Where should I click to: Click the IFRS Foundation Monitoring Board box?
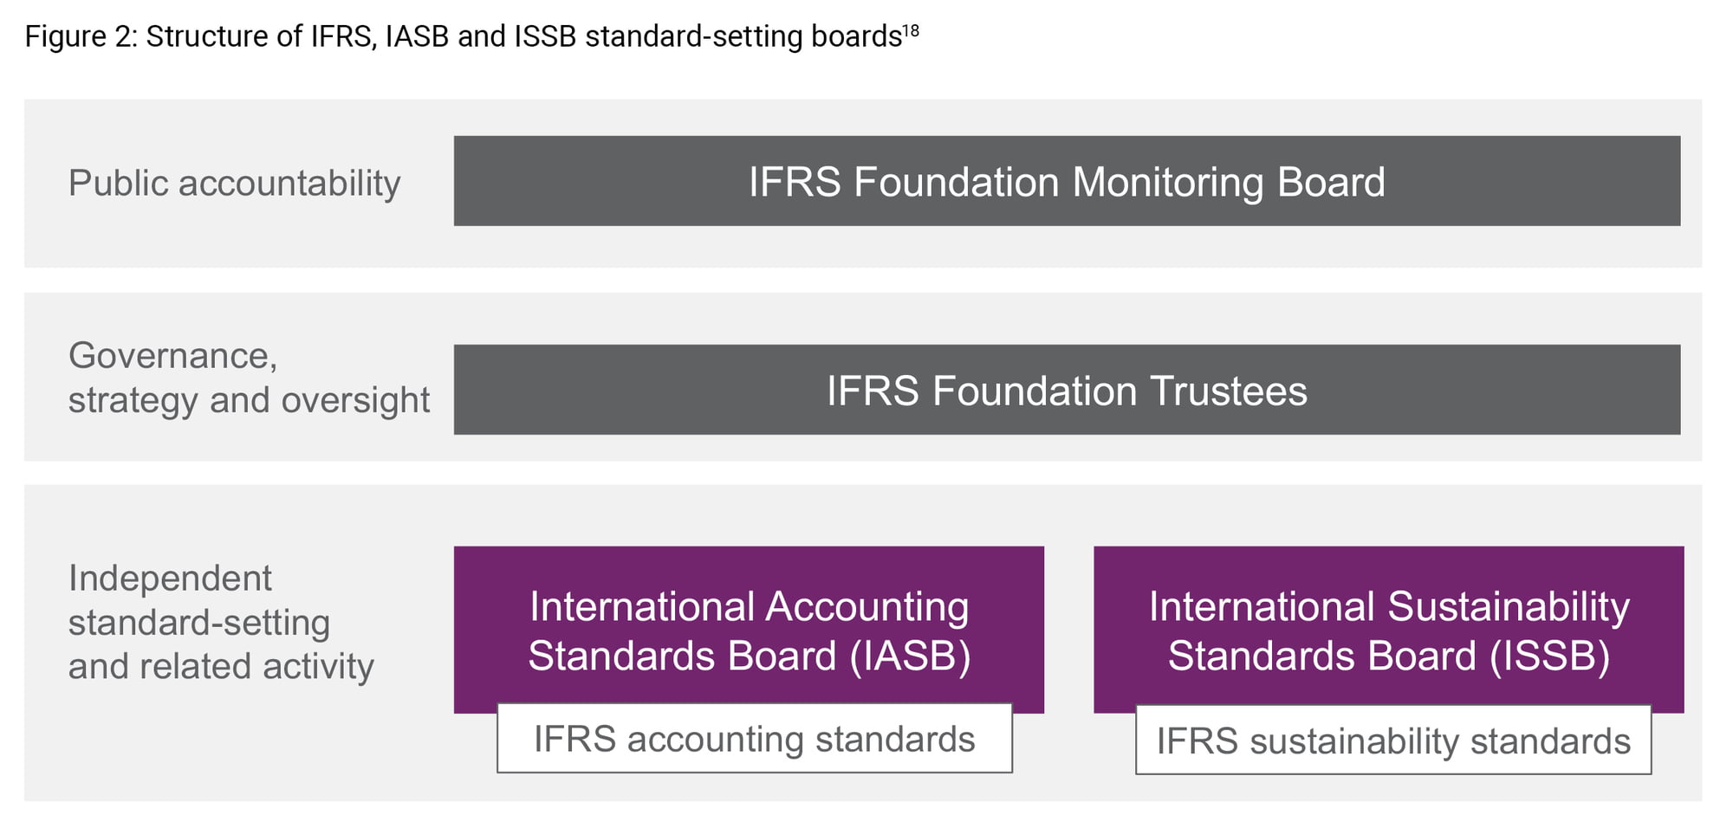pos(1067,181)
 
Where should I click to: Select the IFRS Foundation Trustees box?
pos(1067,390)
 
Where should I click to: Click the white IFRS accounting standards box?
pos(754,739)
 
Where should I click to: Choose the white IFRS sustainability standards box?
pos(1393,741)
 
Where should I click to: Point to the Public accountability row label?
pos(235,184)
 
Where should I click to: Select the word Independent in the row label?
pos(170,579)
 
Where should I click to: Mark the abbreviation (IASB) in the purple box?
pos(910,656)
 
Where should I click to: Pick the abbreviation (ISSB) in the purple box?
pos(1549,656)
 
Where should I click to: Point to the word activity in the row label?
pos(318,667)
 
